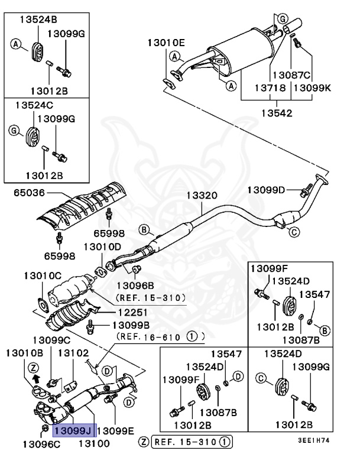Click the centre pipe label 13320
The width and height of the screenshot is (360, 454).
[x=202, y=195]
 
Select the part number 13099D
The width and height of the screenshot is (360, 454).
[x=266, y=190]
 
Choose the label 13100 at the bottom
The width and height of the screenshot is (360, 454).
[x=95, y=443]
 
